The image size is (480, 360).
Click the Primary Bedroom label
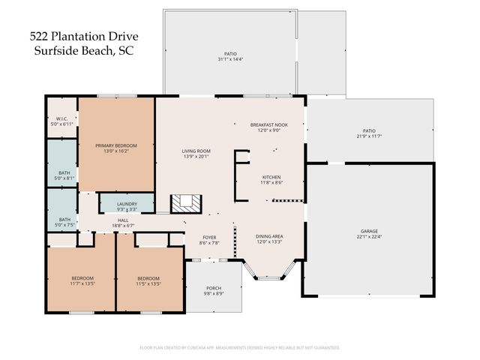click(115, 145)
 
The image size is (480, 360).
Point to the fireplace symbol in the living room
click(186, 203)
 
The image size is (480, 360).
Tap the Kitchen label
click(271, 178)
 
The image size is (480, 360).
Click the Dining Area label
click(271, 236)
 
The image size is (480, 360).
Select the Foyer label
click(208, 238)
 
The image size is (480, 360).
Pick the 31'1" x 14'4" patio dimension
click(230, 59)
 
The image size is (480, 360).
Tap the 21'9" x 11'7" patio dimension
click(369, 136)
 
